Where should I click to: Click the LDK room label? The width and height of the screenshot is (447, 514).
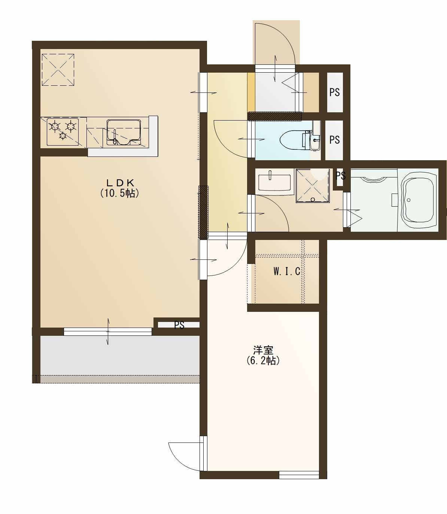119,182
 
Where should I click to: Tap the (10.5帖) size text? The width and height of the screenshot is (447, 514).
119,193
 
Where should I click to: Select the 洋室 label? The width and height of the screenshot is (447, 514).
263,350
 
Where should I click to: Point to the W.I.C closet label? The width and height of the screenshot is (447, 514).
287,271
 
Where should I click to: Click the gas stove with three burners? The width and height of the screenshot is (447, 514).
63,132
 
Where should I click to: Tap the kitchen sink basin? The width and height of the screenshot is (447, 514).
124,133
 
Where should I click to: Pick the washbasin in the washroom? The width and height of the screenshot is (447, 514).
274,182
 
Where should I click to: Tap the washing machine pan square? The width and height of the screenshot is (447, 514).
313,186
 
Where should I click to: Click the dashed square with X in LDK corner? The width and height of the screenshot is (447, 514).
58,70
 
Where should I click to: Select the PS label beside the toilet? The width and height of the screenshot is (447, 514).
334,140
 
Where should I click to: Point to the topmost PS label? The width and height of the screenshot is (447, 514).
334,92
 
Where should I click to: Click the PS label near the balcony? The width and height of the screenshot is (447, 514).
179,325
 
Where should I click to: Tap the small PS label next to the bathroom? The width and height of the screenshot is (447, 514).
341,176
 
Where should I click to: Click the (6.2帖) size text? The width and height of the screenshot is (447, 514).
263,361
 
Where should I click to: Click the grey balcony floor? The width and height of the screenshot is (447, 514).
120,356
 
